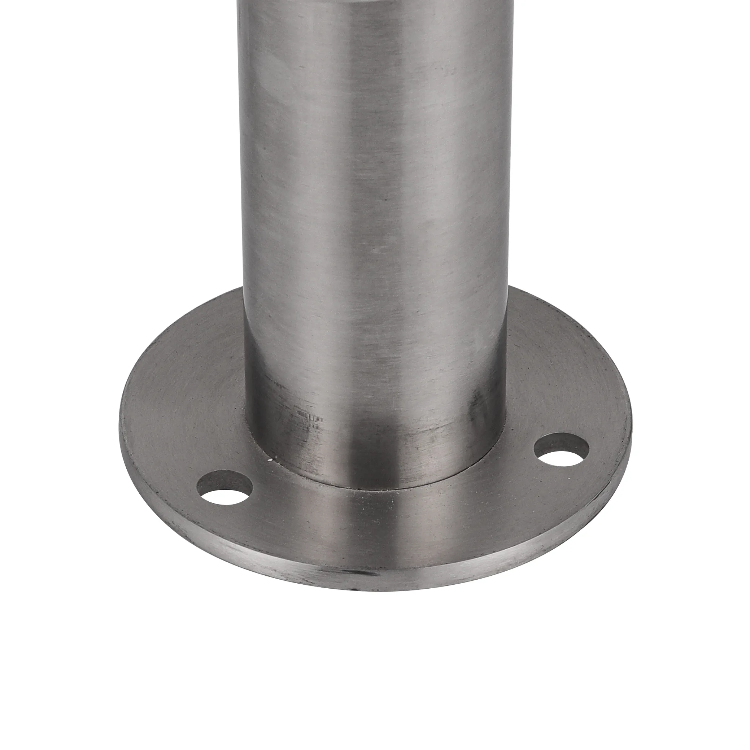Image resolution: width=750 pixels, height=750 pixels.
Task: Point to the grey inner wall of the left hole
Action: pos(223,481)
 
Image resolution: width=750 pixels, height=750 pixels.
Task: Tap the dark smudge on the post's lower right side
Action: pos(476,407)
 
